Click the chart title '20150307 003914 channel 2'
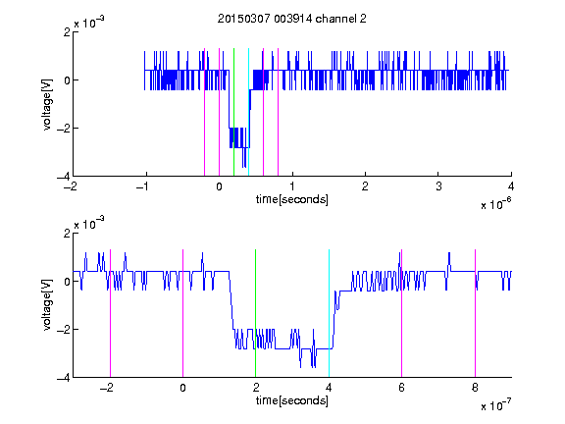pos(292,19)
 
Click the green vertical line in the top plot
pos(233,112)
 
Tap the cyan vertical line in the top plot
pos(248,112)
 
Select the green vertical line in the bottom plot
pos(255,313)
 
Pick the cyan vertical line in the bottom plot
pos(329,313)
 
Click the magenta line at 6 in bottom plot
pos(402,313)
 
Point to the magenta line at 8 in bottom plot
pos(476,313)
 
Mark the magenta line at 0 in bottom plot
pos(182,313)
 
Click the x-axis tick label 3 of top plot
pos(438,186)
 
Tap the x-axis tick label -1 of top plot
pos(143,186)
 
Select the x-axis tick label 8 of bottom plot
pos(476,388)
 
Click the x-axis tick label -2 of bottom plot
pos(107,388)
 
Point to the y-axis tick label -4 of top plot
pos(64,177)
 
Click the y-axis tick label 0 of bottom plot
pos(68,282)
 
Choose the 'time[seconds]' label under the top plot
pos(292,199)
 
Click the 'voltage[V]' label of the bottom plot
pos(47,304)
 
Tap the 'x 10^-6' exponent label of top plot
pos(495,204)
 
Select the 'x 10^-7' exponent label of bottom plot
pos(495,405)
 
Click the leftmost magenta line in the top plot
pos(204,112)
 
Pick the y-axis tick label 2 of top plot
pos(68,32)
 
